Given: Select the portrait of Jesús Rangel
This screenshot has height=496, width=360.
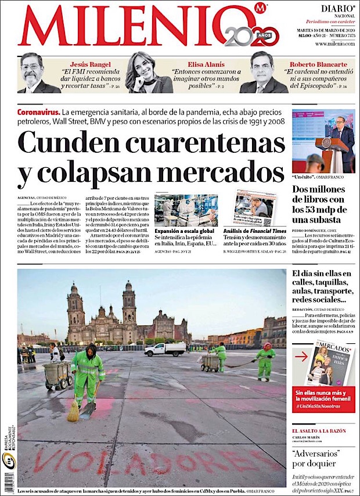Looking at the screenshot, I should [36, 73].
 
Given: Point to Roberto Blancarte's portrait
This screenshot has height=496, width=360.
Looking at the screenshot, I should [264, 73].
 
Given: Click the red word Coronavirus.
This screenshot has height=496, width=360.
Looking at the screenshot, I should [38, 111].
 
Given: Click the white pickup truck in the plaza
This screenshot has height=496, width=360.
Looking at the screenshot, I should [165, 349].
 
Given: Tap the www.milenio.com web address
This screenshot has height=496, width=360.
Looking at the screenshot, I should [335, 44].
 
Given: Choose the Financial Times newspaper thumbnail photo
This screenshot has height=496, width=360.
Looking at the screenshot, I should [255, 207].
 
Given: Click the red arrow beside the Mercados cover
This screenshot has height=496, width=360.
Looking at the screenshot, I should [301, 357].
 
